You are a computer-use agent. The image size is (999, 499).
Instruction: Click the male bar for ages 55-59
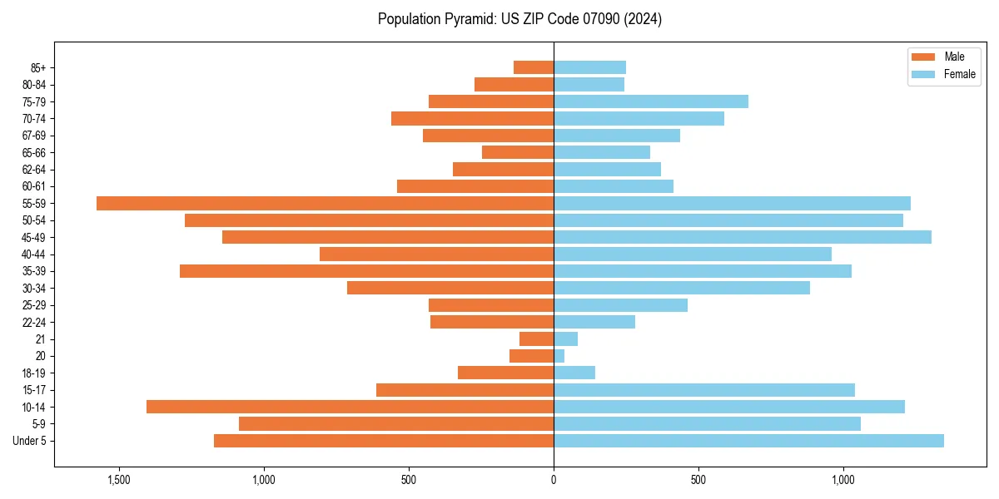(x=325, y=203)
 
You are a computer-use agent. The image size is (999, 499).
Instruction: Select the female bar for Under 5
(x=748, y=441)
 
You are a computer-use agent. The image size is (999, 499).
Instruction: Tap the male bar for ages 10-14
(x=350, y=407)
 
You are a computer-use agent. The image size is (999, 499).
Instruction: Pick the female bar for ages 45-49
(x=742, y=237)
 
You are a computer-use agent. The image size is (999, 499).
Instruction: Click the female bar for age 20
(x=559, y=356)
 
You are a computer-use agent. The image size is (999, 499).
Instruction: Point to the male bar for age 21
(x=536, y=338)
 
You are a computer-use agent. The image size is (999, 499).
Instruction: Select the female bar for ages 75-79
(x=651, y=101)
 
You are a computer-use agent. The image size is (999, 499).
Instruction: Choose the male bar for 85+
(x=534, y=67)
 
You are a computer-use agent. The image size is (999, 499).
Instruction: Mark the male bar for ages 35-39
(x=366, y=271)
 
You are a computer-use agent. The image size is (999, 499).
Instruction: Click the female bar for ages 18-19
(x=574, y=373)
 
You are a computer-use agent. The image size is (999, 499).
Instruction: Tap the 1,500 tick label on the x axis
(x=119, y=480)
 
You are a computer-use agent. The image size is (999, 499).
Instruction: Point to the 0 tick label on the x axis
(x=554, y=480)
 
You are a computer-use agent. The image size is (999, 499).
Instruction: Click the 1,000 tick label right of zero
(x=843, y=480)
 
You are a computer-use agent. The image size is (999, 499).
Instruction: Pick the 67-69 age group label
(x=33, y=136)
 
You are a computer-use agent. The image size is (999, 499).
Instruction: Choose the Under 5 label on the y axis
(x=30, y=441)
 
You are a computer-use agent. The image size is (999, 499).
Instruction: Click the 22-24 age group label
(x=33, y=322)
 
